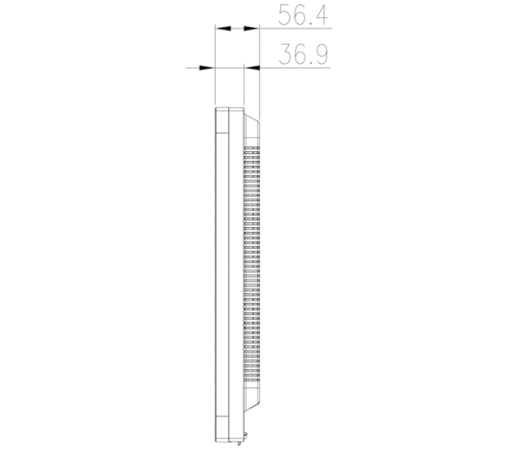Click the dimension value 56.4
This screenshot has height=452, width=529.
[303, 15]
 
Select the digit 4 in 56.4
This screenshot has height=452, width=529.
[321, 15]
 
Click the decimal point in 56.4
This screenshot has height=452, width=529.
[310, 23]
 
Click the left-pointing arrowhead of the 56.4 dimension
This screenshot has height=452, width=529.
[223, 28]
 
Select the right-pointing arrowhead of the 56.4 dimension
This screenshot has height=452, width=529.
[251, 28]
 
